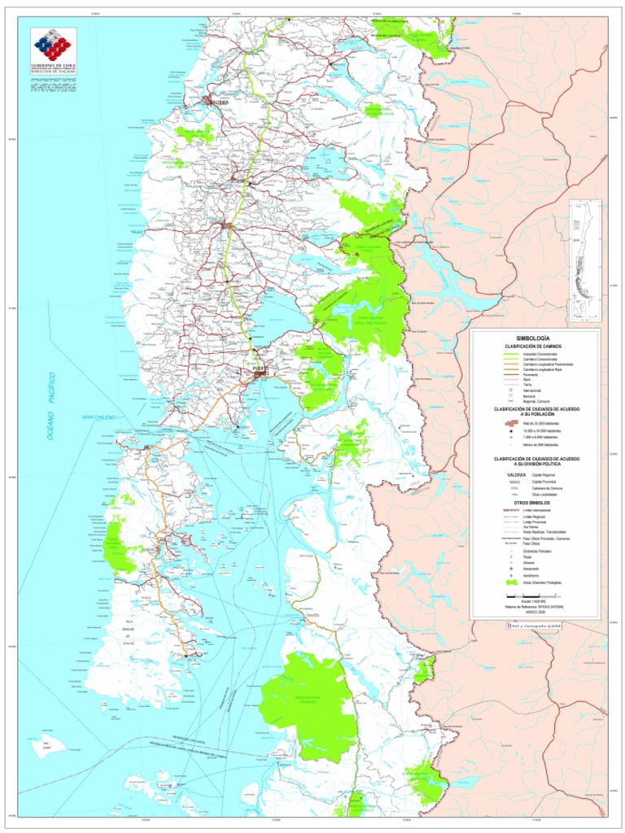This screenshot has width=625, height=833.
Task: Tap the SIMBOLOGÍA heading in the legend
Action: (533, 338)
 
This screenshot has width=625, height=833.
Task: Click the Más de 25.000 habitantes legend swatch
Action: (511, 423)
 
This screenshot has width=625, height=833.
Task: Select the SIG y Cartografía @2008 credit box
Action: (534, 625)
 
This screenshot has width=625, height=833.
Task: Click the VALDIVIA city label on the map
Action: (218, 103)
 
